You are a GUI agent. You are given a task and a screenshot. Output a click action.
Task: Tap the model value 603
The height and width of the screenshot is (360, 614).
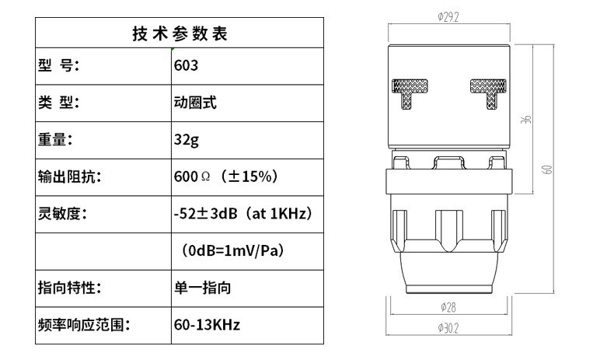187,66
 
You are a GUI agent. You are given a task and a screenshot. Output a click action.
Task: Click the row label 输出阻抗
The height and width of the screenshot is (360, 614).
69,177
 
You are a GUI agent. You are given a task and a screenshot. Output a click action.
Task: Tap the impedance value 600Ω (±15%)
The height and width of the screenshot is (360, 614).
225,177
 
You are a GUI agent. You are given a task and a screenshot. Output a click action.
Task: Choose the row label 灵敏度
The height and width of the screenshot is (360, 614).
62,214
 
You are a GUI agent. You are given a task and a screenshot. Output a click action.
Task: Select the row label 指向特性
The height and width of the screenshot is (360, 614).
69,288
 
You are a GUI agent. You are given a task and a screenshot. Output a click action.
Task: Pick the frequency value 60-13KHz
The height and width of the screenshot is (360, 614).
207,325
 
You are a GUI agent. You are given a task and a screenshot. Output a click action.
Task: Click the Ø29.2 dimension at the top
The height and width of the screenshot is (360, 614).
449,18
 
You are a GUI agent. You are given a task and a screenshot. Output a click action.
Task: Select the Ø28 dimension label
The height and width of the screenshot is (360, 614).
448,309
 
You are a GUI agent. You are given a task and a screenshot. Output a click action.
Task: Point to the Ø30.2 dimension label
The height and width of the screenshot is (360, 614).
448,328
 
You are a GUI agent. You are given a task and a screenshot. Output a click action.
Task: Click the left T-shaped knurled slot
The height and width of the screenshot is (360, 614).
407,92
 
